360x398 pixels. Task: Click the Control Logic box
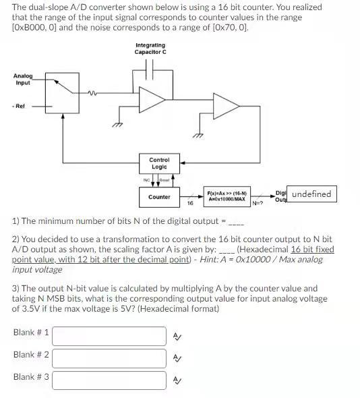point(159,163)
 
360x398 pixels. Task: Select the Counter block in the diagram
point(159,197)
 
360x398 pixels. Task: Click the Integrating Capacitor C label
point(150,49)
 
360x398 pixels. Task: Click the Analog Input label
point(22,79)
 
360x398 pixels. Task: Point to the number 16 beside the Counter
point(190,202)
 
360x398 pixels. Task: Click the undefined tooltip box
point(311,194)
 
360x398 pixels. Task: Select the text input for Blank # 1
point(109,335)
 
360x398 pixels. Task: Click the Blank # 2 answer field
point(109,358)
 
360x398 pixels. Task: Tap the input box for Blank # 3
point(109,380)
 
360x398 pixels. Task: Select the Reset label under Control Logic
point(165,180)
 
